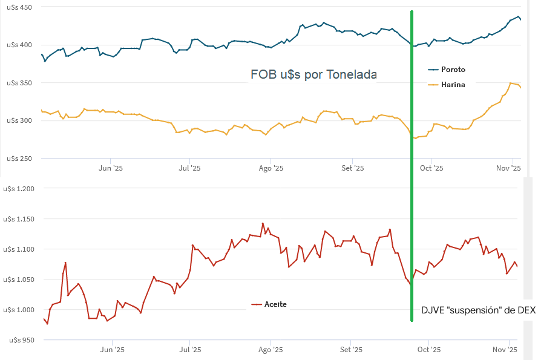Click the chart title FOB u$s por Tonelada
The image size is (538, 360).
(x=313, y=75)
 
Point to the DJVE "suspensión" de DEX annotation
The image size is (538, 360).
(x=478, y=310)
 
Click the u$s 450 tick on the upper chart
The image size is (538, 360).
(x=21, y=7)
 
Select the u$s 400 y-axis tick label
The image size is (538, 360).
(x=21, y=45)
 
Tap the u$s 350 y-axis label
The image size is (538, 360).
(x=21, y=82)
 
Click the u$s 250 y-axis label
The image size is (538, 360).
(x=21, y=158)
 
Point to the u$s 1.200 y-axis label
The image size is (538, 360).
(x=19, y=189)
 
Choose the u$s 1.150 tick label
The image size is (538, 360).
(x=19, y=219)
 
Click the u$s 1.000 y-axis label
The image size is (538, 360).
(x=19, y=310)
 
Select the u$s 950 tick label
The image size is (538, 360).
(x=21, y=340)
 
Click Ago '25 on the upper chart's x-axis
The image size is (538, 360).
(x=271, y=168)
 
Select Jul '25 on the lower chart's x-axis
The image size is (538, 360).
(x=190, y=350)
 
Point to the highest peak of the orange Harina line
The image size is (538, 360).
(x=511, y=83)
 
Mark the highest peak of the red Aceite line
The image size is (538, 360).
(x=262, y=223)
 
